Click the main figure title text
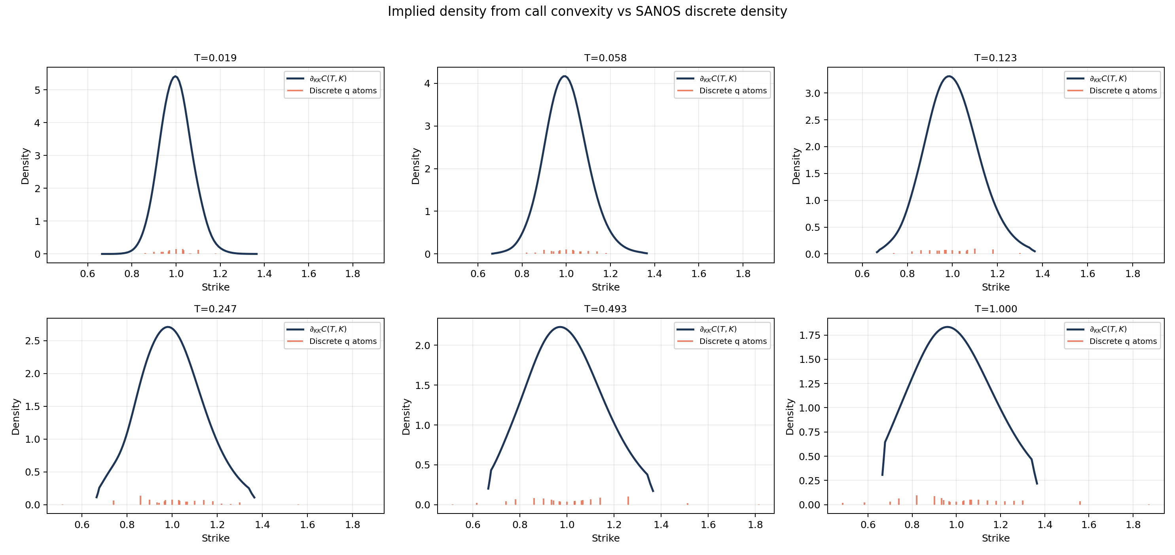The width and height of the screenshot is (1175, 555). click(587, 11)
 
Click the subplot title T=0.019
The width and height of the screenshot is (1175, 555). click(215, 58)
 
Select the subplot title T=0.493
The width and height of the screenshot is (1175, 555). click(605, 309)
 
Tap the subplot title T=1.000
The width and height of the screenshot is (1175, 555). click(996, 309)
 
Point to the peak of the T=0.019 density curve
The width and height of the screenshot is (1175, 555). click(176, 77)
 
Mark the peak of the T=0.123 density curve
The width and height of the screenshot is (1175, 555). click(949, 77)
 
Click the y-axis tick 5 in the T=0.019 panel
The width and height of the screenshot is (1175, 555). click(38, 90)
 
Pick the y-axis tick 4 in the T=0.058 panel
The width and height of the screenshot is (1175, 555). click(427, 83)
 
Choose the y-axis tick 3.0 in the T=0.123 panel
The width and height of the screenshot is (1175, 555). click(812, 93)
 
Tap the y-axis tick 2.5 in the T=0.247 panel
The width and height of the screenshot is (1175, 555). click(32, 341)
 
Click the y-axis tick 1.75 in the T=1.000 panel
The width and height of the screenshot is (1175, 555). click(809, 335)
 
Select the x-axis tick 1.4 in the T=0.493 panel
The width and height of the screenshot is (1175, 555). click(661, 525)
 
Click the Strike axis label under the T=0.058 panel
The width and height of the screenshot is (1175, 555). click(605, 287)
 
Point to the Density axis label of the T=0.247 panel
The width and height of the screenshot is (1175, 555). click(16, 417)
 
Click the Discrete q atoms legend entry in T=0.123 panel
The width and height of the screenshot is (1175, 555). click(1122, 91)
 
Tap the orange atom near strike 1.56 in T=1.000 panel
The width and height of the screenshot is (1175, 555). click(1080, 502)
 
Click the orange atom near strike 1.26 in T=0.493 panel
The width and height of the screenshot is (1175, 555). click(628, 500)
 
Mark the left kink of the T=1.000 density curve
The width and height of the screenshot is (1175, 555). click(885, 442)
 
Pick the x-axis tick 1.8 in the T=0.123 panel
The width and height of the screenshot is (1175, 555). click(1133, 274)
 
